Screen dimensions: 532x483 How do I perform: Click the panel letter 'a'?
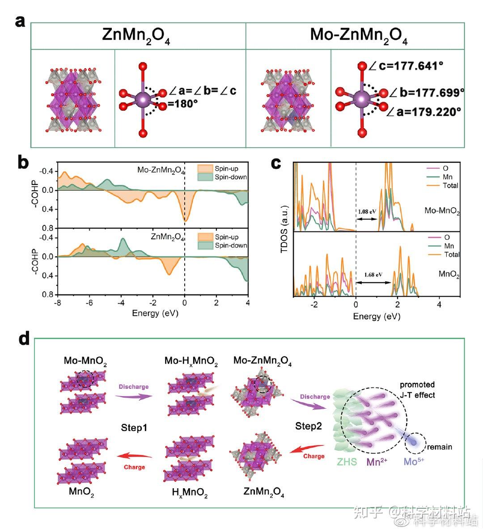(x=20, y=21)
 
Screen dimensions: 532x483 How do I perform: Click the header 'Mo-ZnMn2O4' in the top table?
(x=359, y=35)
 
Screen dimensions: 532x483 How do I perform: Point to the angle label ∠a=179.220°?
(x=422, y=112)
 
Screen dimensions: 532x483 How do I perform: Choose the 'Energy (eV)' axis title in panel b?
(x=155, y=313)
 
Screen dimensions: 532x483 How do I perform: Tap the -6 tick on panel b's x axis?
(x=89, y=303)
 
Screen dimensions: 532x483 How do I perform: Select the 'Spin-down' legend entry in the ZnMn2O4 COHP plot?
(x=230, y=245)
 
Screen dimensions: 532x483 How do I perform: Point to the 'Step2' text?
(x=308, y=426)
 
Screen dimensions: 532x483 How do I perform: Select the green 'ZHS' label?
(x=347, y=462)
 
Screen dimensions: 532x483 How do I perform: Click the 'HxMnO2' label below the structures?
(x=190, y=493)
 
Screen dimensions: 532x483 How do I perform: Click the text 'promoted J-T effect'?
(x=417, y=390)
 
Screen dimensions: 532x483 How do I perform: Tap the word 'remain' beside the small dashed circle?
(x=439, y=447)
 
